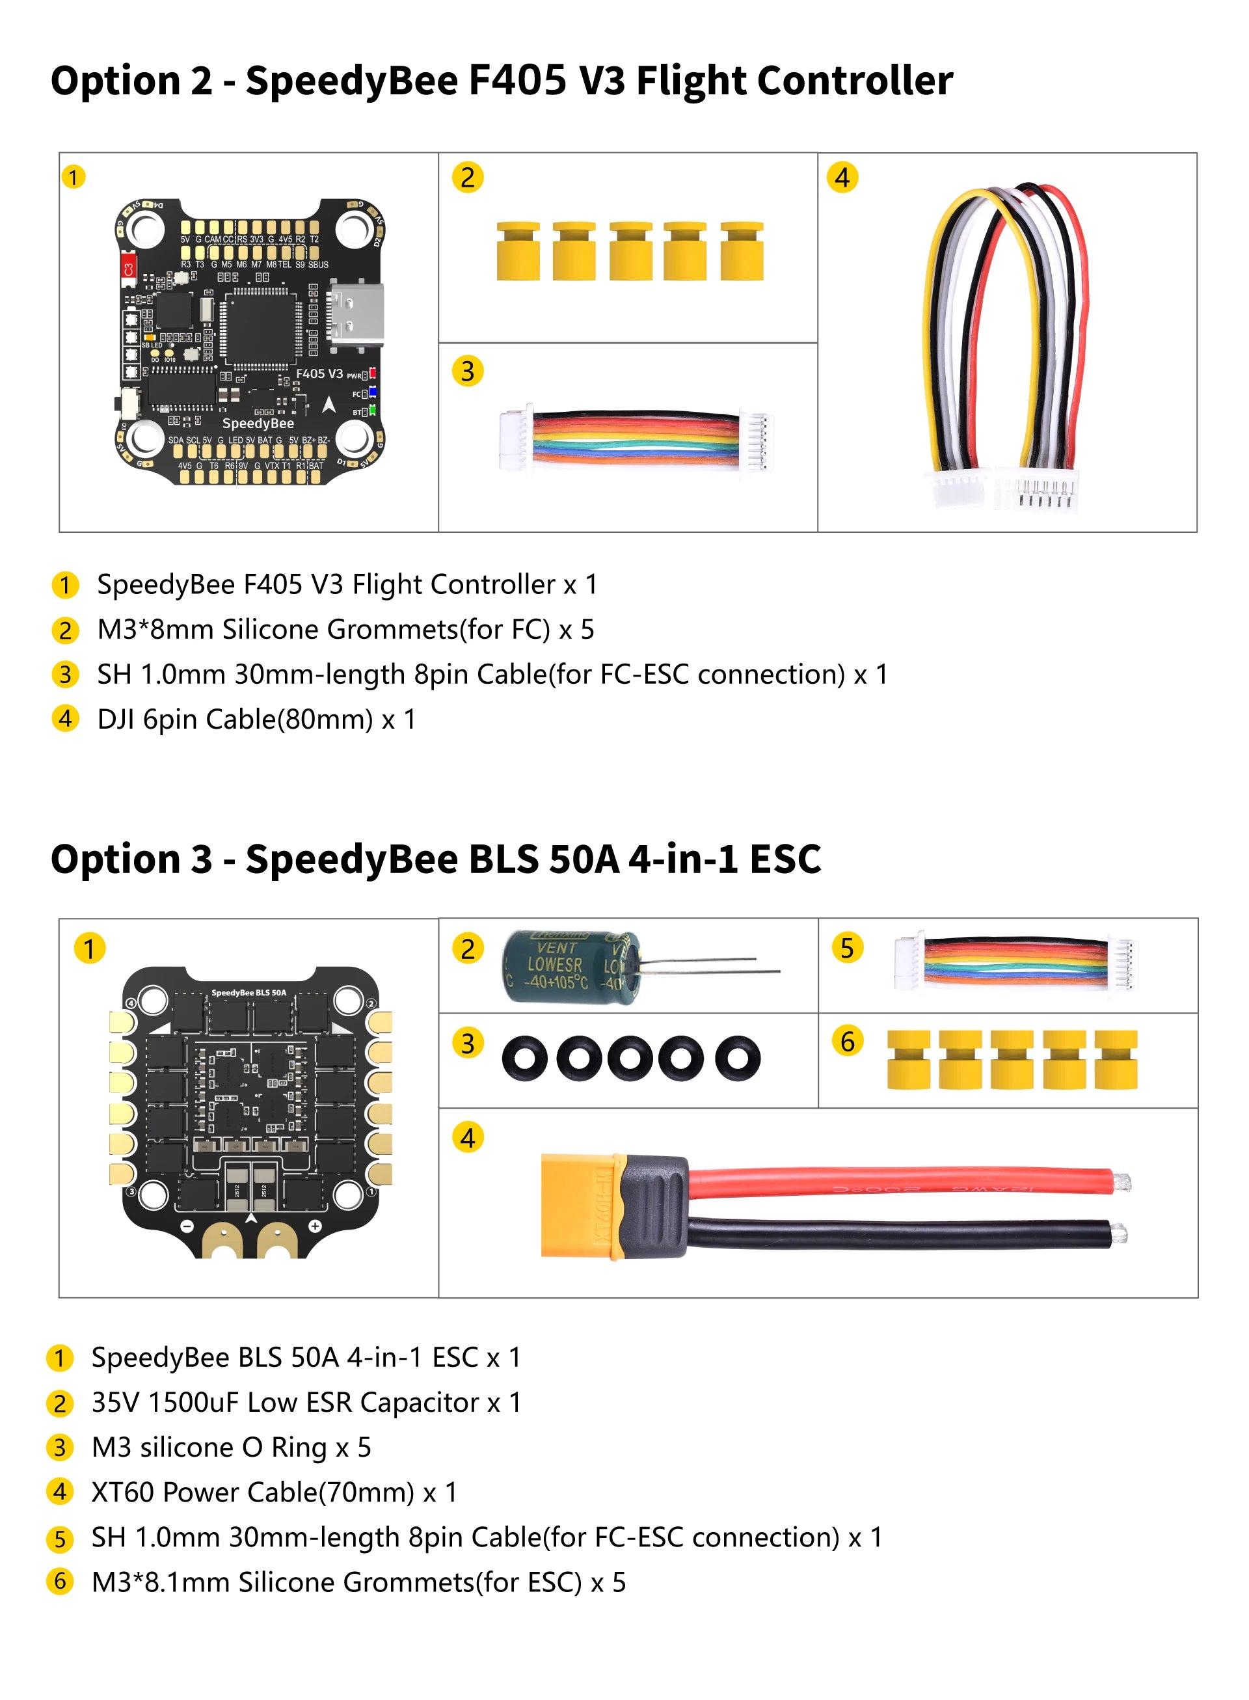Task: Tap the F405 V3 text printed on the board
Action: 319,373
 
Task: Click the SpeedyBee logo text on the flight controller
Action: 258,424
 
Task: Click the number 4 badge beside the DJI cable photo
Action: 842,178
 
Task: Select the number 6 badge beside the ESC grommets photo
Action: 848,1042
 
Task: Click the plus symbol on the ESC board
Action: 314,1226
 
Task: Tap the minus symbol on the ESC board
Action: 187,1226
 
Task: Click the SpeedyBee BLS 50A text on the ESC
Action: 248,993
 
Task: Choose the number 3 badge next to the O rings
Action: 468,1044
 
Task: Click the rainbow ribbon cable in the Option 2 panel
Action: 635,437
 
